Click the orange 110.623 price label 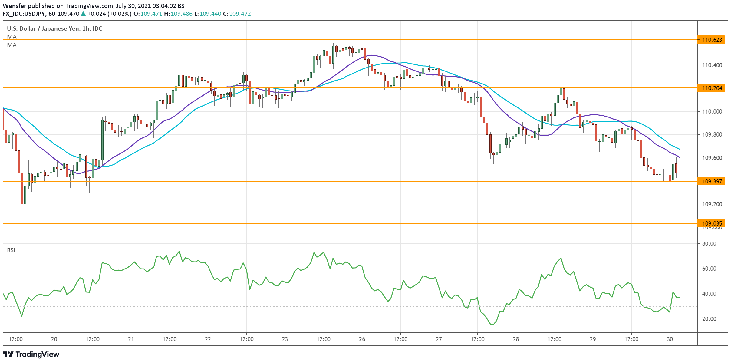pos(712,40)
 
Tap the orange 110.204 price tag pos(712,88)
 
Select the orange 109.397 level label pos(712,181)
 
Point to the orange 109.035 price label pos(712,223)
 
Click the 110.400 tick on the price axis pos(712,65)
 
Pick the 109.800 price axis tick pos(712,134)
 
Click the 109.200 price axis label pos(712,204)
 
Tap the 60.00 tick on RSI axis pos(709,269)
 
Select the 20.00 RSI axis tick pos(709,319)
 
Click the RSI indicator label pos(11,250)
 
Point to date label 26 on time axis pos(362,339)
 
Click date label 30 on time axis pos(670,339)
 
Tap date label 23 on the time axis pos(285,339)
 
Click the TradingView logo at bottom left pos(31,354)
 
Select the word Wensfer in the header pos(14,6)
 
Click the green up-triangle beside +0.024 pos(83,14)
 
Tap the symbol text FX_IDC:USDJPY pos(24,14)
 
